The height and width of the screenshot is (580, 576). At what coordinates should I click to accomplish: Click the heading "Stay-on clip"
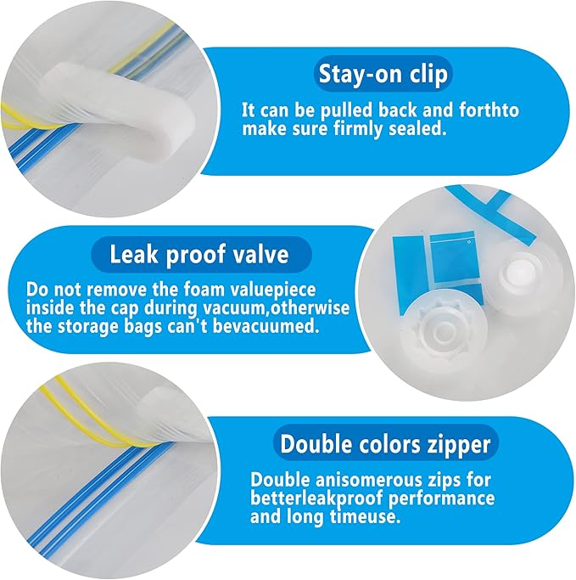pos(383,74)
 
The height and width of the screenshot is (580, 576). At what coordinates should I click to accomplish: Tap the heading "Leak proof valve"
pos(199,255)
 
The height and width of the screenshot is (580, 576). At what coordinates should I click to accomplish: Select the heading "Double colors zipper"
pos(385,444)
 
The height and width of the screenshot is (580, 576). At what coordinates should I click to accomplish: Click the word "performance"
pos(445,499)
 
